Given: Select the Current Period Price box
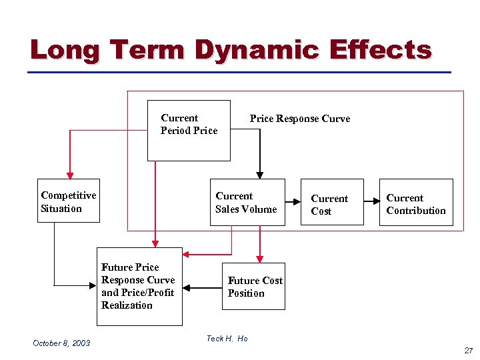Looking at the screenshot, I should tap(189, 131).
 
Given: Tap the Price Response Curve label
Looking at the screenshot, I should tap(299, 119).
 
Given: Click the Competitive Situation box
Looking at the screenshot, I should tap(69, 201).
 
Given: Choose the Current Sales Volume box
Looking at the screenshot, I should tap(247, 202).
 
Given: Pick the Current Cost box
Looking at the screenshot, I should tap(331, 203).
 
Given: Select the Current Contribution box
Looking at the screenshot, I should tap(416, 203).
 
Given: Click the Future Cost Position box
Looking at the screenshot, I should tap(254, 287).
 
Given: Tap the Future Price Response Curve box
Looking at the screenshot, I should tap(139, 286).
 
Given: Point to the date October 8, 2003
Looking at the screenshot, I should tap(61, 343).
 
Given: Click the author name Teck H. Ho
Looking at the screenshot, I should tap(227, 339).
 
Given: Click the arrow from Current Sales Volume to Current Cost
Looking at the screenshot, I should tap(292, 201).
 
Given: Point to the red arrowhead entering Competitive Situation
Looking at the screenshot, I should tap(69, 175).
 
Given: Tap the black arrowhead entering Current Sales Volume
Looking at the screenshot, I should tap(260, 175).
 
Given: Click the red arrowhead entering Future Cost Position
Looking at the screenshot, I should tap(260, 259).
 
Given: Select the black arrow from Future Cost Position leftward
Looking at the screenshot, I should tap(202, 288).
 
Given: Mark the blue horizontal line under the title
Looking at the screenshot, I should tap(240, 72).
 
